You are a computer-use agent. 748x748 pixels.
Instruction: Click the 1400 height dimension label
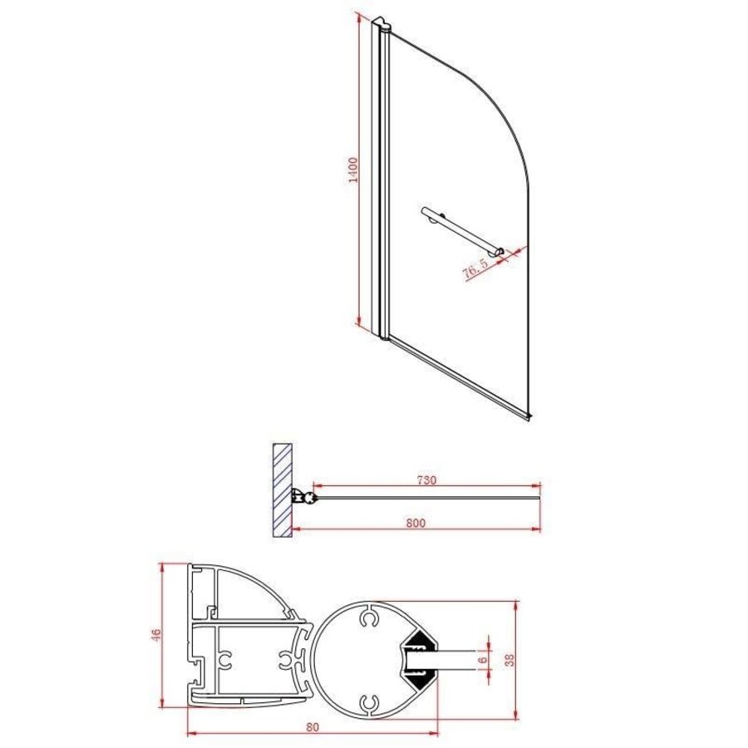352,170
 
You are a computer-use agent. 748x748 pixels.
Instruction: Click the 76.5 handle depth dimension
475,269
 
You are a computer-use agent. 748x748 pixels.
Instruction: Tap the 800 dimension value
416,523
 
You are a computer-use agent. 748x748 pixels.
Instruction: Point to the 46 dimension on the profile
155,636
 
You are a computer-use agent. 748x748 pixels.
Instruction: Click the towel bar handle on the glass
461,229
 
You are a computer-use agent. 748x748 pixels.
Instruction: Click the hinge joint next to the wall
308,499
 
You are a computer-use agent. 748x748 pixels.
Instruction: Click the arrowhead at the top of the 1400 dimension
358,16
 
